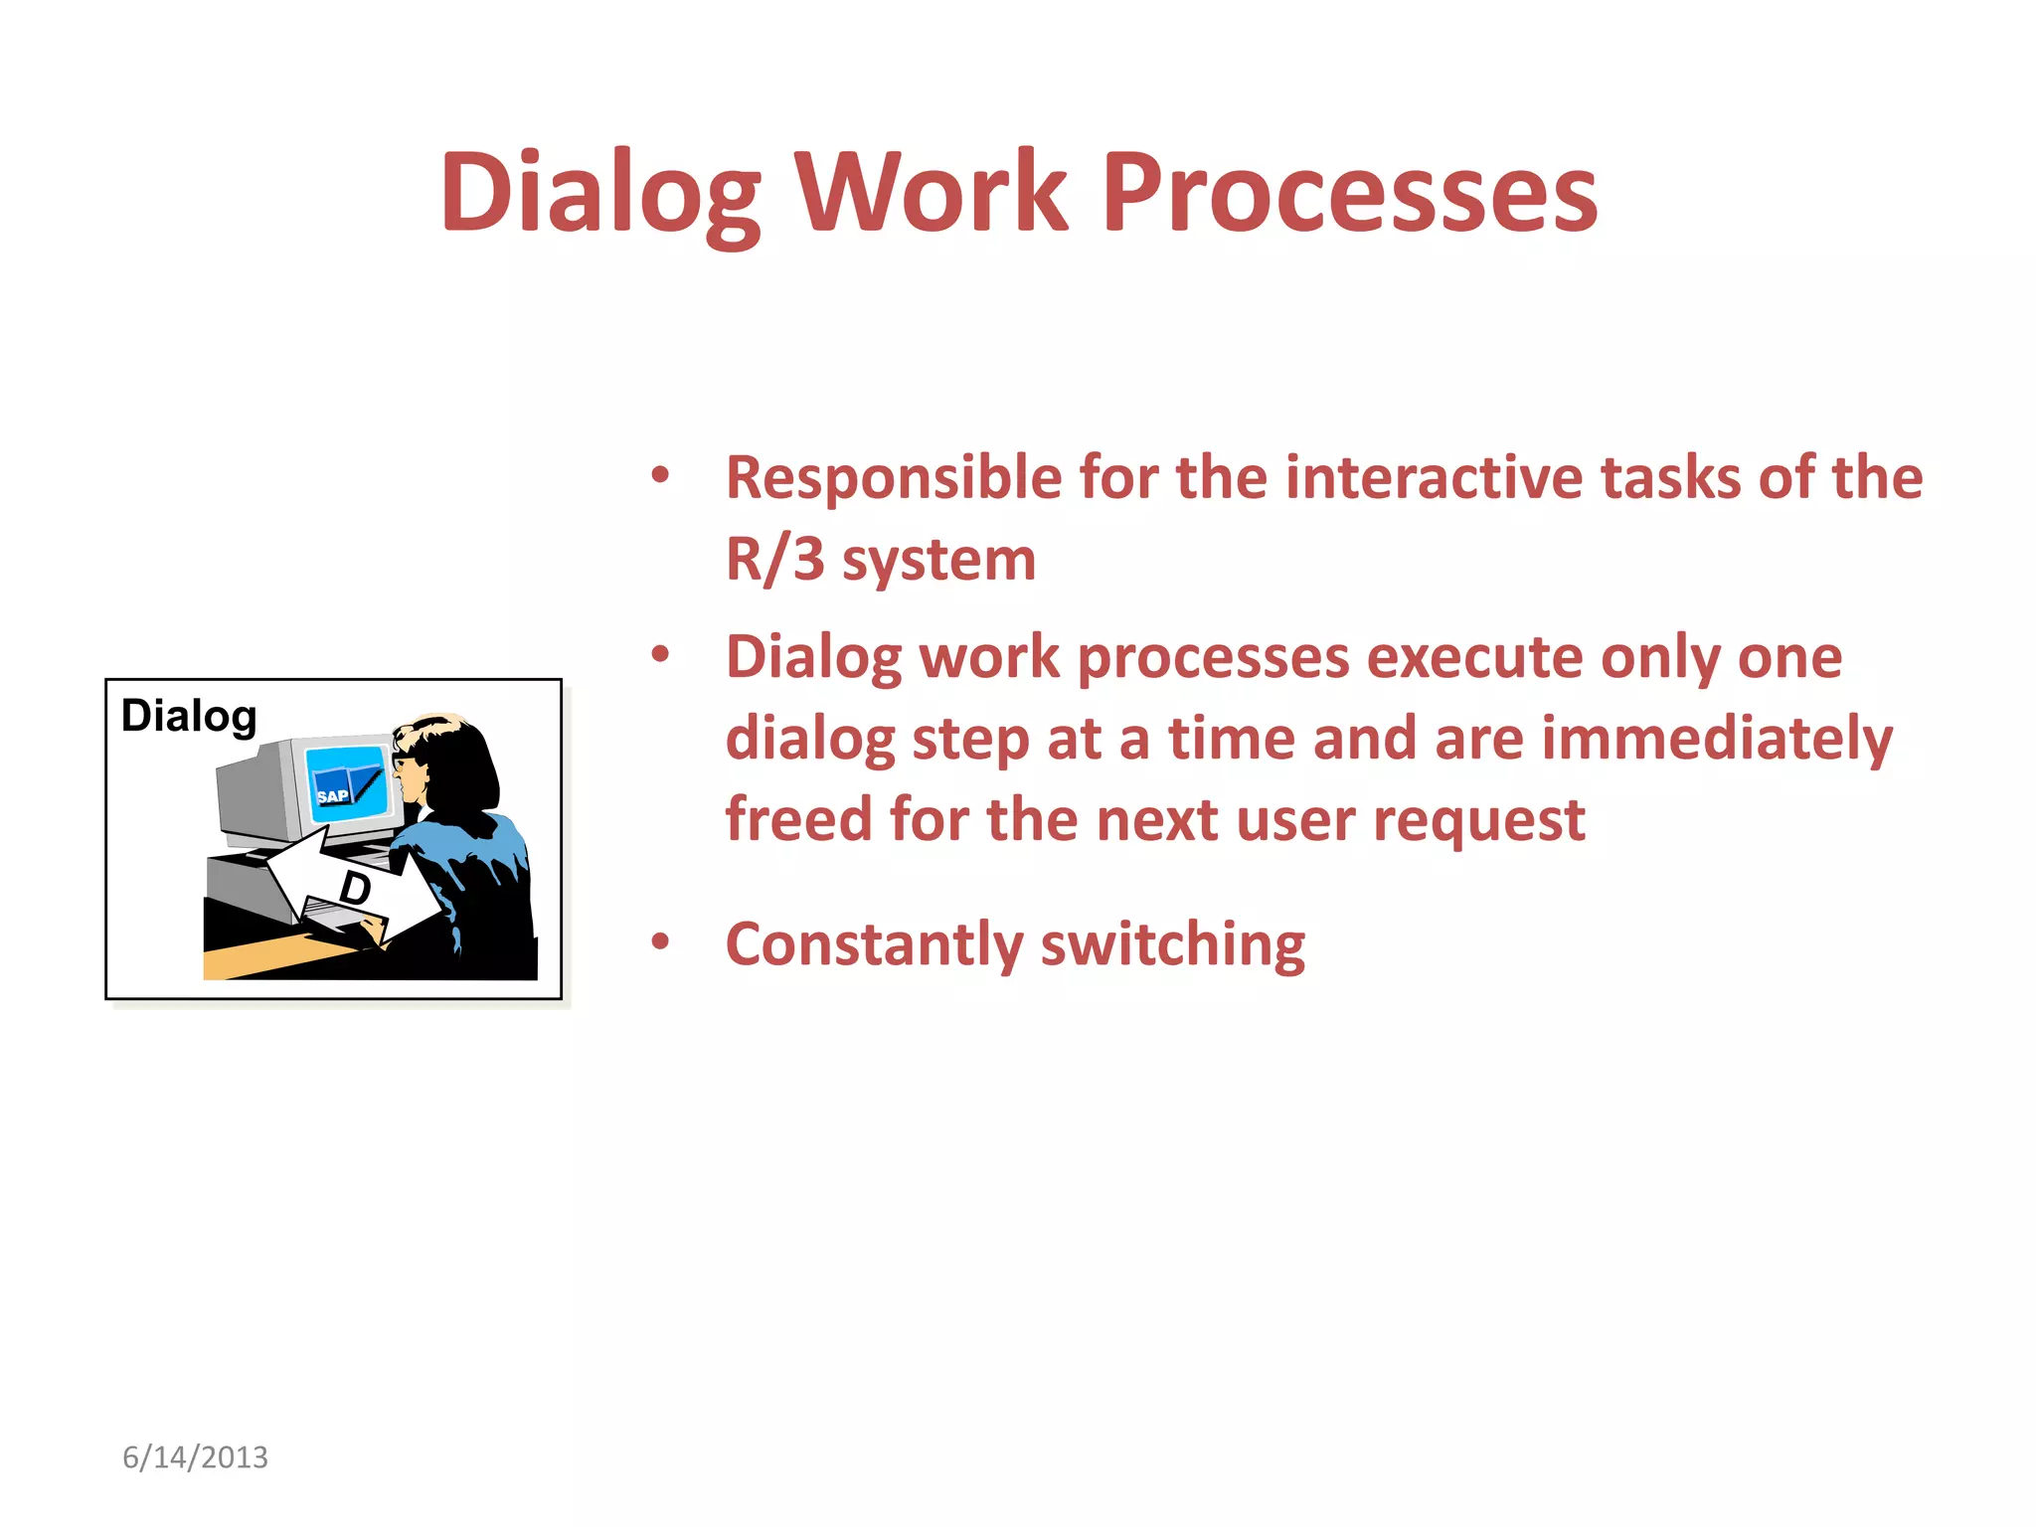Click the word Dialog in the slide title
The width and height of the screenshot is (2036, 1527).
coord(600,193)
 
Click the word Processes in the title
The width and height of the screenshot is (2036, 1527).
coord(1349,193)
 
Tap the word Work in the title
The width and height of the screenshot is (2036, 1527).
coord(932,193)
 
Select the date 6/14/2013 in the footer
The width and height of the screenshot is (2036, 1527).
coord(195,1457)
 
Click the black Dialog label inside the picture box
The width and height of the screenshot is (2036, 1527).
coord(189,716)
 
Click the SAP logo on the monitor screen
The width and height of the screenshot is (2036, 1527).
coord(332,796)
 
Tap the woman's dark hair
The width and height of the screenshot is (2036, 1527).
coord(459,765)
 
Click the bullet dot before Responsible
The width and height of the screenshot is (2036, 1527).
coord(660,475)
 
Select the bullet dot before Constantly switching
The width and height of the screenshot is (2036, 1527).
coord(660,941)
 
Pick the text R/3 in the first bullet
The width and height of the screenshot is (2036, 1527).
coord(774,560)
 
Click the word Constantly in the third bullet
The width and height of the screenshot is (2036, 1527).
coord(874,945)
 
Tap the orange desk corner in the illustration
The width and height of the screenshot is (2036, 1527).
coord(258,959)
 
